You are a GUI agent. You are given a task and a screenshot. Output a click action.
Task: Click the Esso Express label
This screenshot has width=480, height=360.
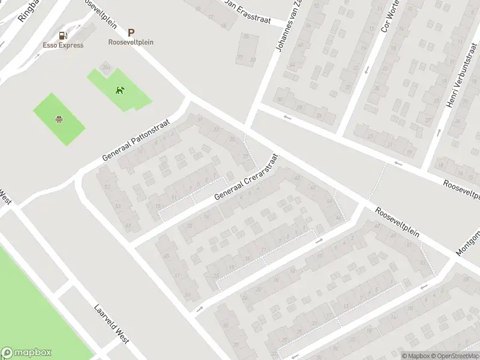click(x=63, y=45)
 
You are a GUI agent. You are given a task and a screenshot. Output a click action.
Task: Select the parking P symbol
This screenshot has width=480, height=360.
click(x=131, y=34)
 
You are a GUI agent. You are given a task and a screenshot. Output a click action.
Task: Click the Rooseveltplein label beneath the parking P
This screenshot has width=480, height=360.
click(x=131, y=43)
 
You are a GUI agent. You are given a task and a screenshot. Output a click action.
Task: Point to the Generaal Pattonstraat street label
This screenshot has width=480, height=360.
click(x=136, y=139)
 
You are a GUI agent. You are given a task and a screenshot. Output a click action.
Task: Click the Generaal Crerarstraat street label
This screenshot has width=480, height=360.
click(x=247, y=176)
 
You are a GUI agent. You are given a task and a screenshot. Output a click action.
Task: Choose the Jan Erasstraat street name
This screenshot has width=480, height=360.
click(x=247, y=11)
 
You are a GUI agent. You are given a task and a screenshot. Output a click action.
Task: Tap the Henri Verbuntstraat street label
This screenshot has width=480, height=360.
click(x=457, y=83)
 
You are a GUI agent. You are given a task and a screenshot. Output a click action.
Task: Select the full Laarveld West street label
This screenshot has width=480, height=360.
click(x=112, y=324)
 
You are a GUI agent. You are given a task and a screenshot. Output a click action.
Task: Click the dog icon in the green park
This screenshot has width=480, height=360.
click(x=121, y=91)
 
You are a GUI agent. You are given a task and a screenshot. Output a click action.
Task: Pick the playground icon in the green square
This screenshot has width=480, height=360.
click(x=59, y=119)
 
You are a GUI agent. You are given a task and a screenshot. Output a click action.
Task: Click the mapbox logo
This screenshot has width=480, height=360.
click(x=26, y=353)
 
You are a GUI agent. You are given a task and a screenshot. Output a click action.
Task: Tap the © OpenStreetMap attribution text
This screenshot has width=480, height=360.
click(x=454, y=356)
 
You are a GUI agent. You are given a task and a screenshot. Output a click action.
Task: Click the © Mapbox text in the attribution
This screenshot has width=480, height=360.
click(x=415, y=356)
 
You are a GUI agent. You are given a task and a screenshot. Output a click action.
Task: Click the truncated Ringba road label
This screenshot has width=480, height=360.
click(x=28, y=11)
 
